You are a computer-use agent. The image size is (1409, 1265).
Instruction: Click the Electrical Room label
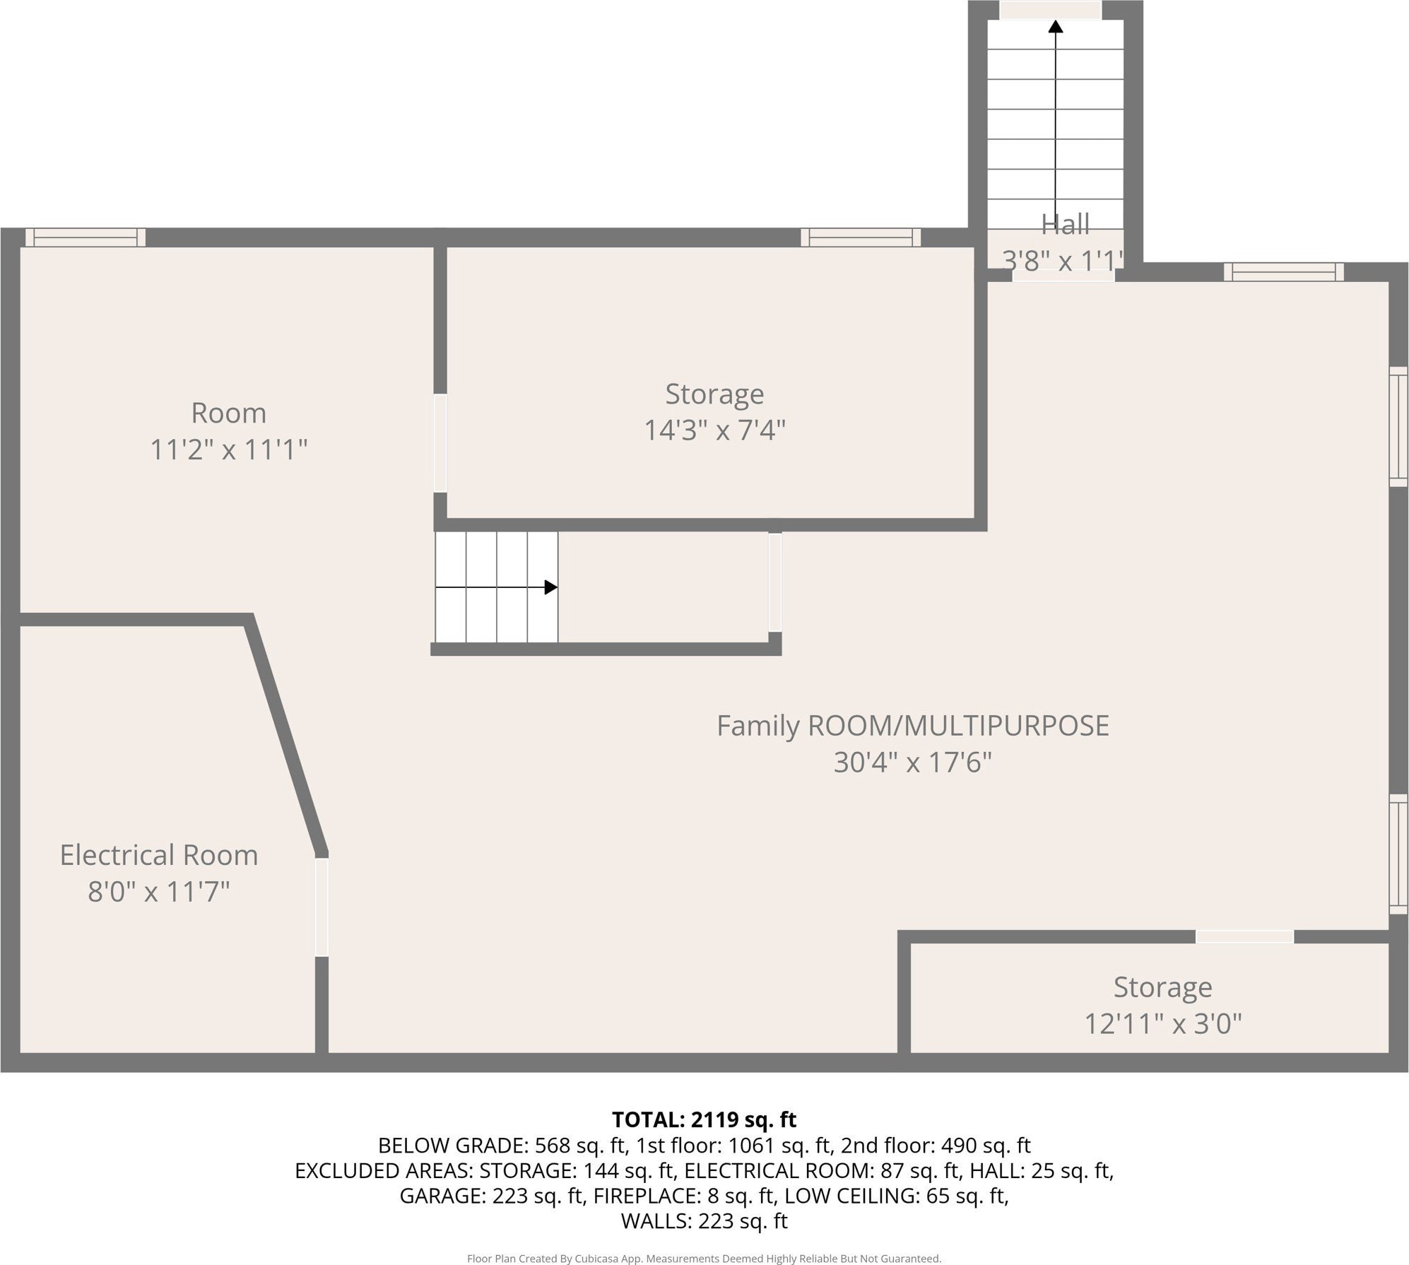[159, 855]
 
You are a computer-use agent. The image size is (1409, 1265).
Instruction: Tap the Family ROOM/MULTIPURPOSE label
[913, 726]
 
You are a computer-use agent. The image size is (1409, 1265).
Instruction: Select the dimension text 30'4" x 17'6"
[913, 763]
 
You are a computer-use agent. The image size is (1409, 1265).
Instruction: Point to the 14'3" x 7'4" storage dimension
[714, 430]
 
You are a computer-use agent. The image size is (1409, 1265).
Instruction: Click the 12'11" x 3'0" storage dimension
[1163, 1023]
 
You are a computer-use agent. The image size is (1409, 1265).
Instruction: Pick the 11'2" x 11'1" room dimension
[229, 449]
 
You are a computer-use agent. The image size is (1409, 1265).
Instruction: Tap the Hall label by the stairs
[1066, 225]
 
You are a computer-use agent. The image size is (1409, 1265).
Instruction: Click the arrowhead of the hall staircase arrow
[1056, 27]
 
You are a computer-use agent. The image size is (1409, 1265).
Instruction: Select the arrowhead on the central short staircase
[551, 587]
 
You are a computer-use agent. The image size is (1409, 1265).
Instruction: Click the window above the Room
[86, 237]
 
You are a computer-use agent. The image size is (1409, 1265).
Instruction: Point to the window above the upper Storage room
[861, 237]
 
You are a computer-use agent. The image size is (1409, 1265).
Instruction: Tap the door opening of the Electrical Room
[322, 907]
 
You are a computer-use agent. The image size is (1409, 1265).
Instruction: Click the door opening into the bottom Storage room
[1244, 936]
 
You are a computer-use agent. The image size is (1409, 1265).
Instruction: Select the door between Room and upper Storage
[440, 443]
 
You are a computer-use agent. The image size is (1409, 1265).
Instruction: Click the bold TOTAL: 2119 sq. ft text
[704, 1120]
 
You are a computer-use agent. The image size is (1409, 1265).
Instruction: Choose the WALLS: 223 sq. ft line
[704, 1221]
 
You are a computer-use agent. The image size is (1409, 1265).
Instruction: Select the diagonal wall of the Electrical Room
[286, 735]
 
